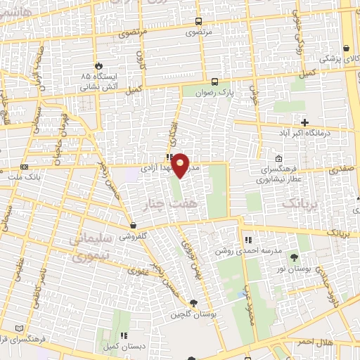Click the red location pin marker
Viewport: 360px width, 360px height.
pos(181,165)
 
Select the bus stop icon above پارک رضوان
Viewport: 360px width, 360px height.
pos(214,80)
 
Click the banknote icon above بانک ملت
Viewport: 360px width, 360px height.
pos(25,167)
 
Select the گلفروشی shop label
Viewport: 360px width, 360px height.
pos(134,237)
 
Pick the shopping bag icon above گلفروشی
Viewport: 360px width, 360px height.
pos(134,226)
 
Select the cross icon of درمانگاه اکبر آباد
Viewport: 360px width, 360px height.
pos(304,122)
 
